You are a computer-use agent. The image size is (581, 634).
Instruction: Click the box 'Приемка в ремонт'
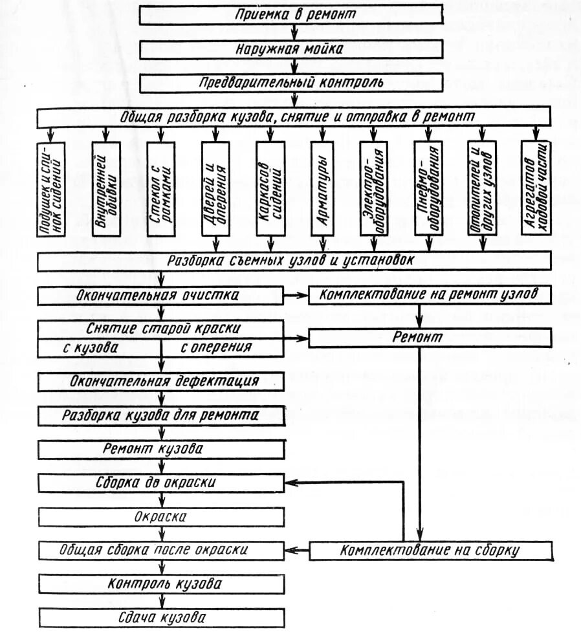[291, 16]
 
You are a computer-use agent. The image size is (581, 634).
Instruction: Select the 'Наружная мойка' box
[291, 50]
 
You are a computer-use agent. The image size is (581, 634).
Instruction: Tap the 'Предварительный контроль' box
[291, 82]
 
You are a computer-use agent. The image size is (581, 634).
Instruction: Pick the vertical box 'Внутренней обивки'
[107, 188]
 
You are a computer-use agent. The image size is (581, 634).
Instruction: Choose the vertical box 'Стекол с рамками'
[160, 188]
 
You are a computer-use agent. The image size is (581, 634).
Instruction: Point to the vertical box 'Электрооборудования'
[376, 188]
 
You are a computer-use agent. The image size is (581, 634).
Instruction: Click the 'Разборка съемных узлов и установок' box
[291, 262]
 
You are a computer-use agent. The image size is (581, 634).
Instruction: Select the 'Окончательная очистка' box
[160, 296]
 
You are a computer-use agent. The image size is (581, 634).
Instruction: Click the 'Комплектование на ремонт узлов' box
[430, 296]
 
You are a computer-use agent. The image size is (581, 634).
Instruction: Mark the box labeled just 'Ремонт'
[430, 337]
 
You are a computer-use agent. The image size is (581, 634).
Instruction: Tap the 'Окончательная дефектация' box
[160, 381]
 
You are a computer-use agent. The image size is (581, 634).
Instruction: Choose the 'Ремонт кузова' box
[160, 448]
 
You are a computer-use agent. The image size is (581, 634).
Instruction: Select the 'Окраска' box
[160, 517]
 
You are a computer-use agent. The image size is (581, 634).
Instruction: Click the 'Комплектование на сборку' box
[430, 551]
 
